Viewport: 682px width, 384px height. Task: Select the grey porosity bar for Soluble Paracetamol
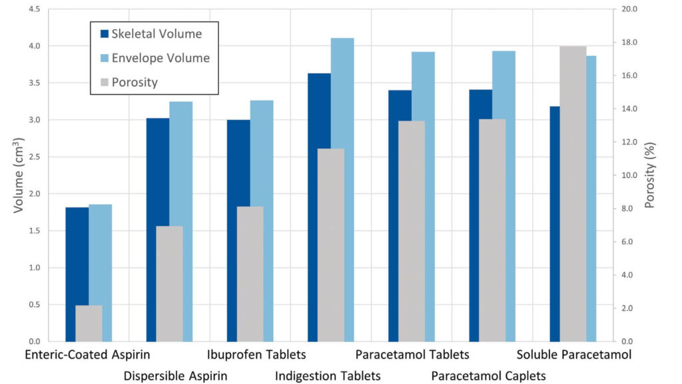point(573,193)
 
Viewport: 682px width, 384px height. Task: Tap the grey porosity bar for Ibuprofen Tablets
point(250,273)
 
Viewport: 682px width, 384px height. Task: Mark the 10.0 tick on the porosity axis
point(629,175)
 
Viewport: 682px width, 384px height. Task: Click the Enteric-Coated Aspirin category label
point(87,355)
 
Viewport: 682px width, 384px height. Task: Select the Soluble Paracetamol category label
point(573,355)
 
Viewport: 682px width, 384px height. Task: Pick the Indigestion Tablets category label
point(328,376)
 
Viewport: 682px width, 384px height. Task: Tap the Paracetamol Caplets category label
point(488,376)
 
